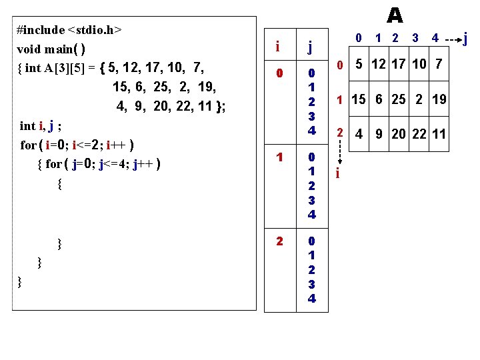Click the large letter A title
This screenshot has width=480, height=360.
pyautogui.click(x=394, y=15)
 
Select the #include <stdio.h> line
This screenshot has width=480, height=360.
pyautogui.click(x=70, y=30)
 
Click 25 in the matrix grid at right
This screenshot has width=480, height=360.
pyautogui.click(x=399, y=100)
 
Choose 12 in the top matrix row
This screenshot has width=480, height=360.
pyautogui.click(x=378, y=65)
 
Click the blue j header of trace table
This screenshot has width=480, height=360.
pyautogui.click(x=310, y=47)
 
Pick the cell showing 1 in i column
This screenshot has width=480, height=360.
pyautogui.click(x=281, y=158)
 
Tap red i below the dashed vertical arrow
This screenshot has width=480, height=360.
pyautogui.click(x=338, y=174)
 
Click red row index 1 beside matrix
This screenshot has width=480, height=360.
pyautogui.click(x=339, y=100)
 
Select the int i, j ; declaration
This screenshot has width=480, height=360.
pyautogui.click(x=41, y=125)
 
